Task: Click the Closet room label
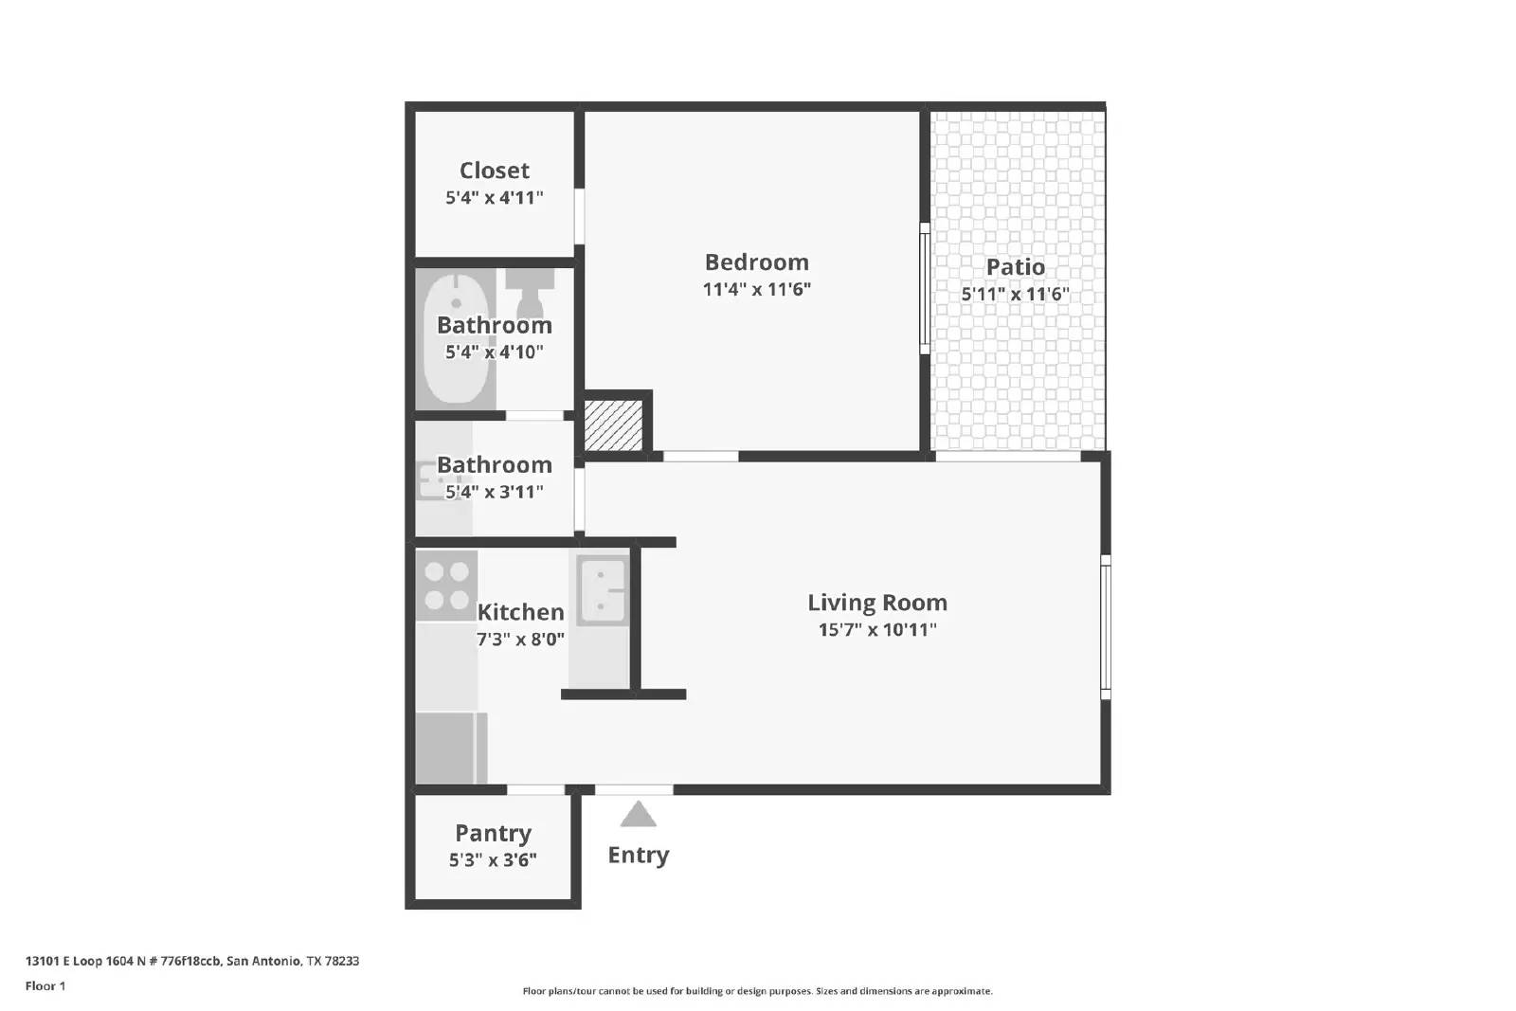click(x=494, y=171)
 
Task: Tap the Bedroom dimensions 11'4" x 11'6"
click(x=756, y=289)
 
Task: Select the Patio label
click(x=1015, y=267)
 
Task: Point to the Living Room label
click(x=876, y=603)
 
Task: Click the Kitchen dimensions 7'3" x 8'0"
click(x=520, y=640)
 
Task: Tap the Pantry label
click(x=493, y=833)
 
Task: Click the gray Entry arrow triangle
click(x=638, y=815)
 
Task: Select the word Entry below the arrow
click(x=638, y=855)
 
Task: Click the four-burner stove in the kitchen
click(x=446, y=586)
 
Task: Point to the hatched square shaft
click(x=613, y=424)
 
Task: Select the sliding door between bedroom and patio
click(x=925, y=288)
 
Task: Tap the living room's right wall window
click(x=1105, y=627)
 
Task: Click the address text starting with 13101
click(x=192, y=961)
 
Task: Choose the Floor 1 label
click(x=45, y=986)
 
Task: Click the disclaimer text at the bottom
click(x=757, y=991)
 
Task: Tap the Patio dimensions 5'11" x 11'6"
click(x=1015, y=294)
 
